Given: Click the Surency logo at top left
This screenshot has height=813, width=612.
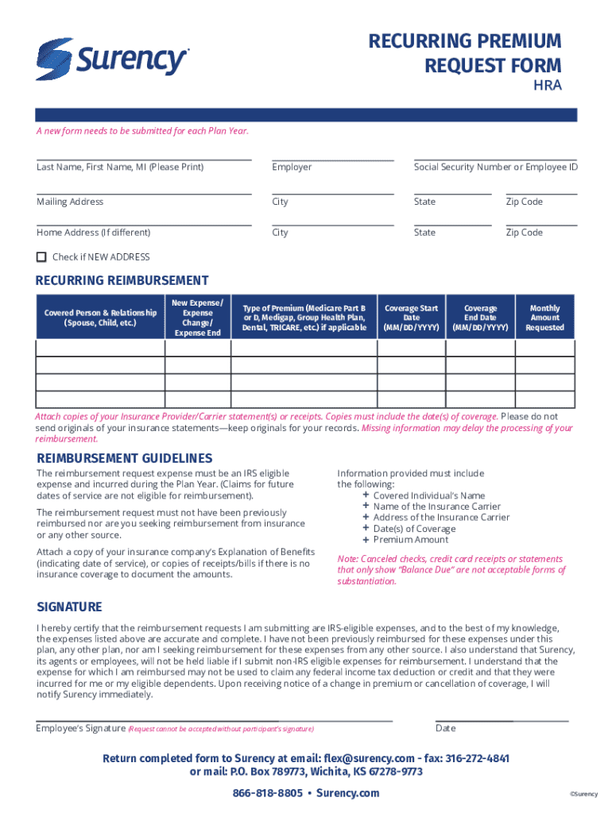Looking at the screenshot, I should (x=111, y=59).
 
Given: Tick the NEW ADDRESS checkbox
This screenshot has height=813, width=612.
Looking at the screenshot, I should (x=41, y=257).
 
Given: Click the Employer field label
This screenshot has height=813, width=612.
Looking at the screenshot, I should (x=292, y=168).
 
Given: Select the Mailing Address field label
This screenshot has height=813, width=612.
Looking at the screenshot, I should (x=70, y=202).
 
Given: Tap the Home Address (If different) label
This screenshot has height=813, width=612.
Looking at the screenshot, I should (x=93, y=233).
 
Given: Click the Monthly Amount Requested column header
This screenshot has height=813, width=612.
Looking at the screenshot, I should (x=544, y=318).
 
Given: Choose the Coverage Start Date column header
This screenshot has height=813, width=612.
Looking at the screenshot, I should (x=411, y=318).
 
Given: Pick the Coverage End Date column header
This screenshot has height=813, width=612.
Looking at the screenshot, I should (x=480, y=318).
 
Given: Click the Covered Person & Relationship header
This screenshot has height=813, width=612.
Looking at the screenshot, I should (x=100, y=318).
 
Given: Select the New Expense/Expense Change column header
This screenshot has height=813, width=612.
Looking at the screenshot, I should (x=197, y=318).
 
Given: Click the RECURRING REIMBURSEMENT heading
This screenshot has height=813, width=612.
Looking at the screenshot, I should (x=122, y=280).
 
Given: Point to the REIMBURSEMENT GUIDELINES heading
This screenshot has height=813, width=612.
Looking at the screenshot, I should (x=125, y=458).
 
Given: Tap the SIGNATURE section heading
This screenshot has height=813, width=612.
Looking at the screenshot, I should (x=69, y=607).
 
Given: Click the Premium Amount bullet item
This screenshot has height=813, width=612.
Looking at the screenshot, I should (x=410, y=540).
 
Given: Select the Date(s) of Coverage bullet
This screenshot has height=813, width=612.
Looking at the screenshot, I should (x=414, y=529).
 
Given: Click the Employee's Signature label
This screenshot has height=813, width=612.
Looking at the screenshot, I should (x=81, y=728).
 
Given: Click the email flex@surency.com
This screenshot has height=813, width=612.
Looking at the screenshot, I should (x=368, y=758).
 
